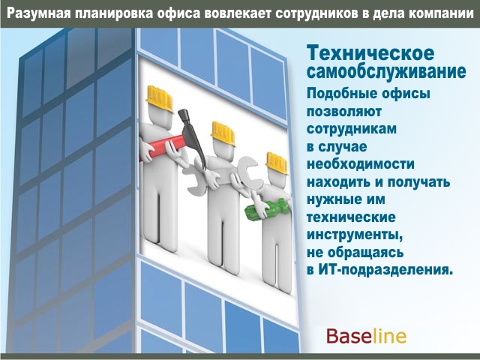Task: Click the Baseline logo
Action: [367, 337]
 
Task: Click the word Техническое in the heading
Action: [370, 52]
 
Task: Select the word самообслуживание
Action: [386, 72]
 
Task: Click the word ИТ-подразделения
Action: [385, 270]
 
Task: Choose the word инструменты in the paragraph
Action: [355, 235]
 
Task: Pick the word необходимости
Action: [361, 164]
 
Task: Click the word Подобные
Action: [337, 93]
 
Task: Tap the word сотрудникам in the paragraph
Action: [352, 129]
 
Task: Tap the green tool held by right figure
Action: [267, 209]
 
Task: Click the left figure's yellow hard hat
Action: [159, 98]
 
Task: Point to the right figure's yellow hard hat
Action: [277, 162]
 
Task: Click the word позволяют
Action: [344, 111]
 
